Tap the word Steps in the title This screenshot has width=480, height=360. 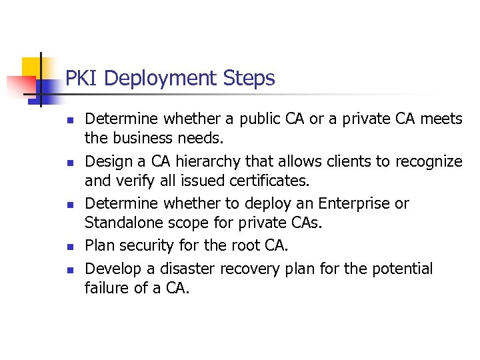pos(250,79)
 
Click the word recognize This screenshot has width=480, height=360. pos(429,161)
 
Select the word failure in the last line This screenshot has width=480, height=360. pos(107,289)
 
